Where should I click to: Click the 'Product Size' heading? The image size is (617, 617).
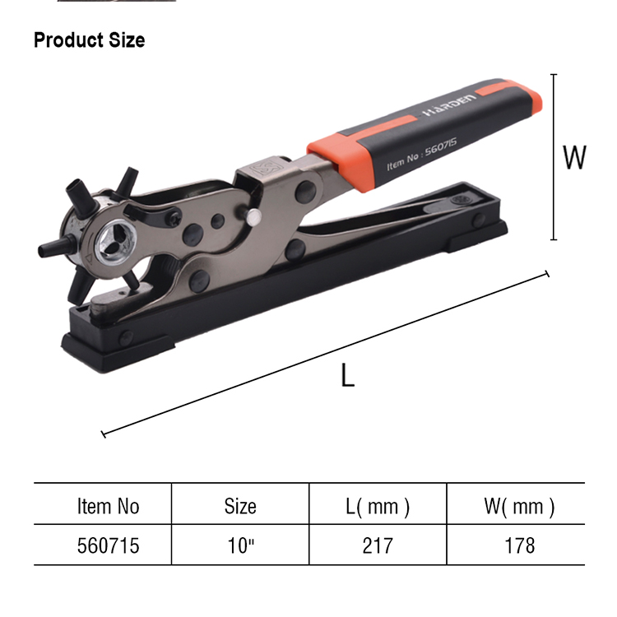click(90, 40)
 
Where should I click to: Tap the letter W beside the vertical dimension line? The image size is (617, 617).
click(574, 157)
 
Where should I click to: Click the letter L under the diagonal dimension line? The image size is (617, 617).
click(347, 375)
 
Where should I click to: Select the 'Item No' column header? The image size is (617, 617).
click(109, 506)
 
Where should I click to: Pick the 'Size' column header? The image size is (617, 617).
click(240, 506)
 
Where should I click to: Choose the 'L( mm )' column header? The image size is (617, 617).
click(378, 507)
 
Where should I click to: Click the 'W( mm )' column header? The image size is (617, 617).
click(519, 507)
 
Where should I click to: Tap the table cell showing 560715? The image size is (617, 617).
click(109, 545)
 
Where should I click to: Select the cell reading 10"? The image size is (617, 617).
click(241, 545)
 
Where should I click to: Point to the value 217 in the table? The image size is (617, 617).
click(378, 545)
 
